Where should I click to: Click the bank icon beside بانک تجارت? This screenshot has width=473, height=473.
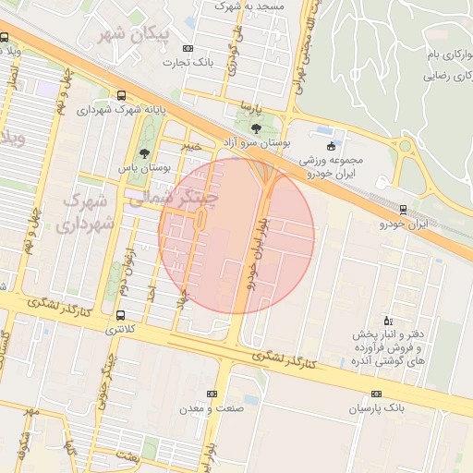[188, 48]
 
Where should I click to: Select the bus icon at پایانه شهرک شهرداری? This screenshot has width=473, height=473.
[122, 94]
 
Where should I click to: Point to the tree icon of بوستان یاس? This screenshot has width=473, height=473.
[143, 153]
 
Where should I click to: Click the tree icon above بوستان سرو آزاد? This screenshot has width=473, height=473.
[256, 128]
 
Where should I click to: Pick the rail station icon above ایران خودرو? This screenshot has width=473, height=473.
[402, 209]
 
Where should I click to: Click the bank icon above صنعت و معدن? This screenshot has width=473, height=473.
[212, 394]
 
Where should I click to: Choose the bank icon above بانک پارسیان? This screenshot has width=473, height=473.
[376, 394]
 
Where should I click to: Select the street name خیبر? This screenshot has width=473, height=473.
[190, 146]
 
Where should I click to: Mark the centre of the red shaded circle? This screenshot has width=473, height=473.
[236, 236]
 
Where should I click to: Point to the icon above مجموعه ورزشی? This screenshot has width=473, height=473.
[332, 146]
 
